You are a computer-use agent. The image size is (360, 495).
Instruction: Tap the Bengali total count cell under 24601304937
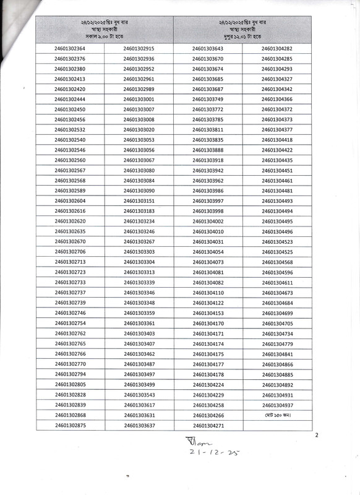pyautogui.click(x=277, y=415)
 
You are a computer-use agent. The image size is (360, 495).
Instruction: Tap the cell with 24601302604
pyautogui.click(x=70, y=201)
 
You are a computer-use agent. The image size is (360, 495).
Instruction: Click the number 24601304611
pyautogui.click(x=277, y=282)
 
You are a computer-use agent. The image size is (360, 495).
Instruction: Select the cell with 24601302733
pyautogui.click(x=70, y=282)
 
